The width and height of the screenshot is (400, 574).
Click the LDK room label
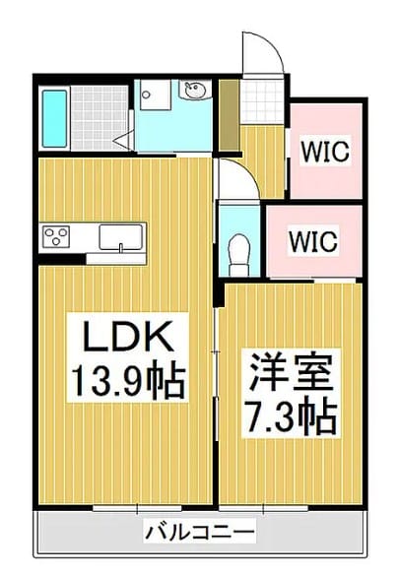click(128, 336)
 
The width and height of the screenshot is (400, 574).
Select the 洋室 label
click(291, 372)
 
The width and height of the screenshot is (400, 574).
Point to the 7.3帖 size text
click(291, 416)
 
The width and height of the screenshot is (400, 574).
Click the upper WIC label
click(325, 151)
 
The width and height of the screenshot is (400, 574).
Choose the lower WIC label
click(313, 241)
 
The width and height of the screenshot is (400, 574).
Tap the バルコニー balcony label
click(200, 533)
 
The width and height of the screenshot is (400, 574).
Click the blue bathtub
click(54, 118)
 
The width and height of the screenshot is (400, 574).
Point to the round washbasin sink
click(195, 90)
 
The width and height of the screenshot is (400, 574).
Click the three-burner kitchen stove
click(56, 236)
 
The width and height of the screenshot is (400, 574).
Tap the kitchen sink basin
click(121, 237)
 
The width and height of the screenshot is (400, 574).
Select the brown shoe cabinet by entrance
click(229, 115)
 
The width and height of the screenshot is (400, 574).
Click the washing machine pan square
click(156, 95)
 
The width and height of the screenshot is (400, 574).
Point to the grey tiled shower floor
click(100, 118)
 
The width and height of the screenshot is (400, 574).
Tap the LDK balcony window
click(137, 508)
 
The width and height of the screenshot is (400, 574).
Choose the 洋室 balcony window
click(264, 508)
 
